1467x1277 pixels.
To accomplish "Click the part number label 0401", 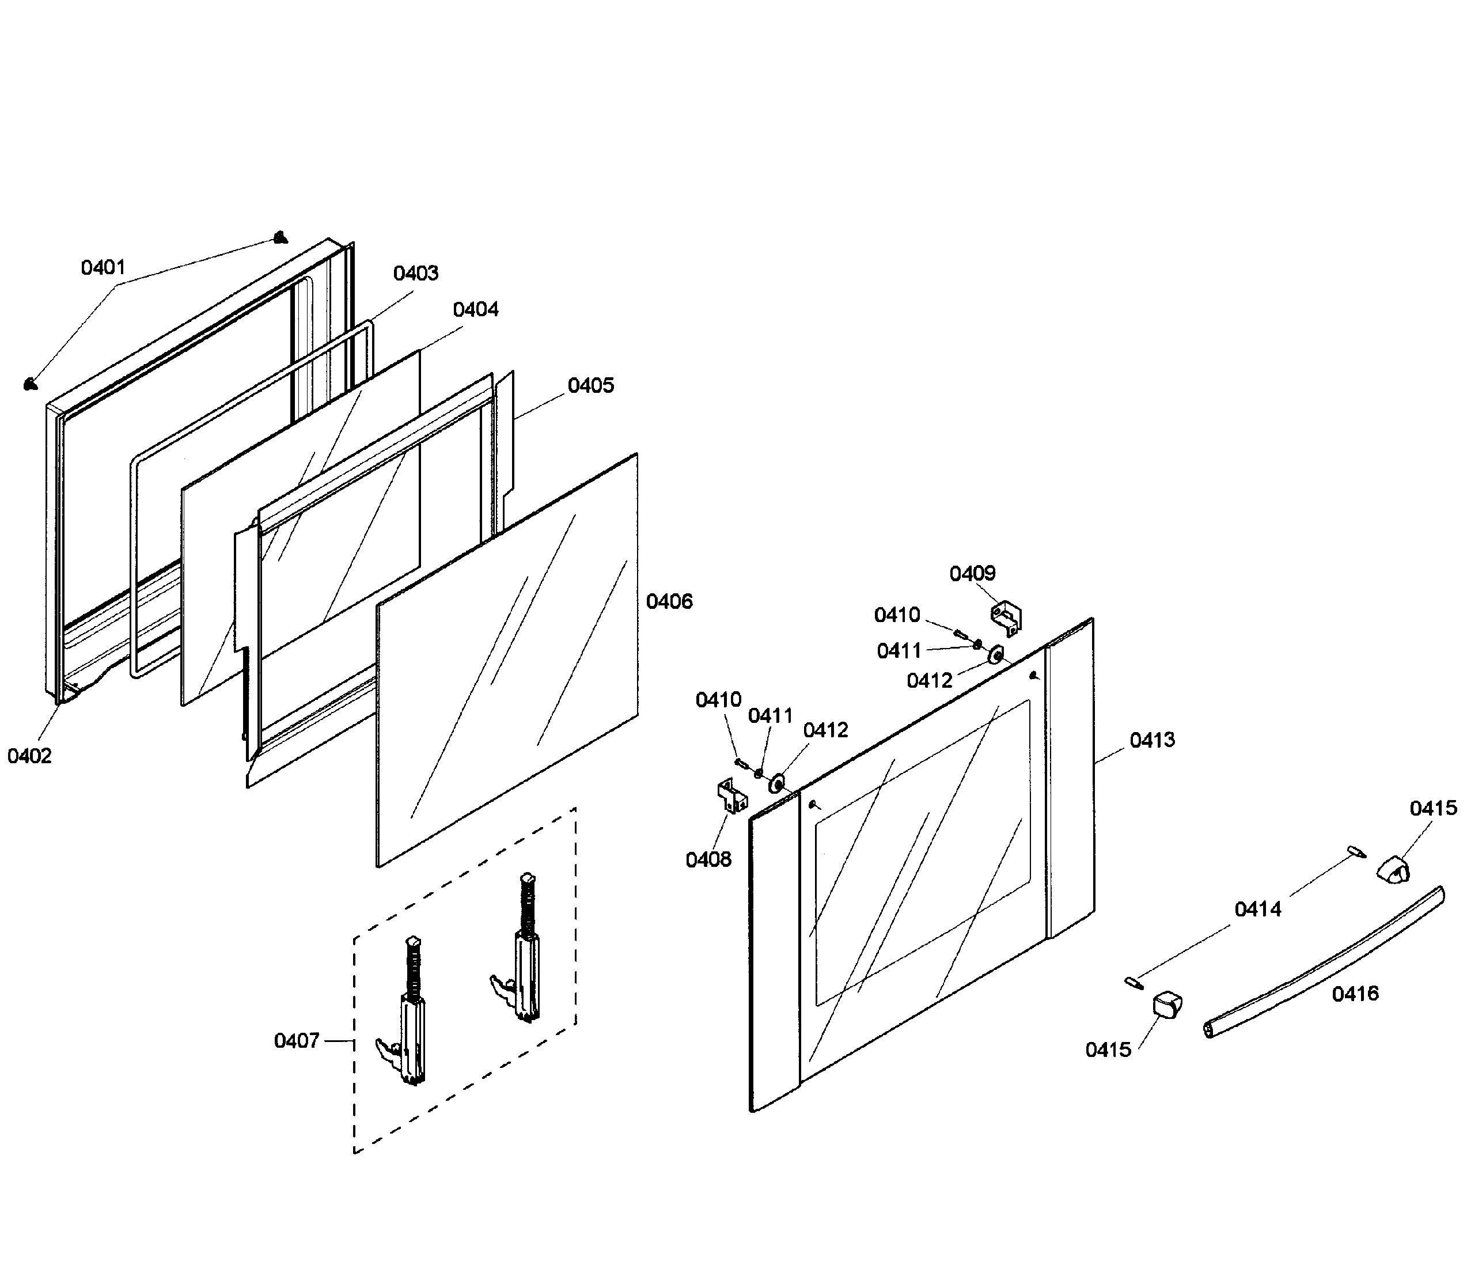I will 103,268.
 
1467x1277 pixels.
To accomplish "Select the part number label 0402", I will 29,756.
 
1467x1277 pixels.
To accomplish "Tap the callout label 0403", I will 415,273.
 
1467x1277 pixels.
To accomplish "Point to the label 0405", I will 590,385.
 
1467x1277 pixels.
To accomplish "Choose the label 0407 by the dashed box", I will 297,1041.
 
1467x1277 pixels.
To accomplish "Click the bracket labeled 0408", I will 731,796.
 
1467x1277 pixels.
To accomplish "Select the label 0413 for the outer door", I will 1151,740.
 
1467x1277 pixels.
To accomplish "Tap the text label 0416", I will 1355,994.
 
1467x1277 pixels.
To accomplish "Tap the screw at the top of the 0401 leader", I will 282,237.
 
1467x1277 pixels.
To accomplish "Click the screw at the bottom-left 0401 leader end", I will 31,385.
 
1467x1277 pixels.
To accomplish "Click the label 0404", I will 475,309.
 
